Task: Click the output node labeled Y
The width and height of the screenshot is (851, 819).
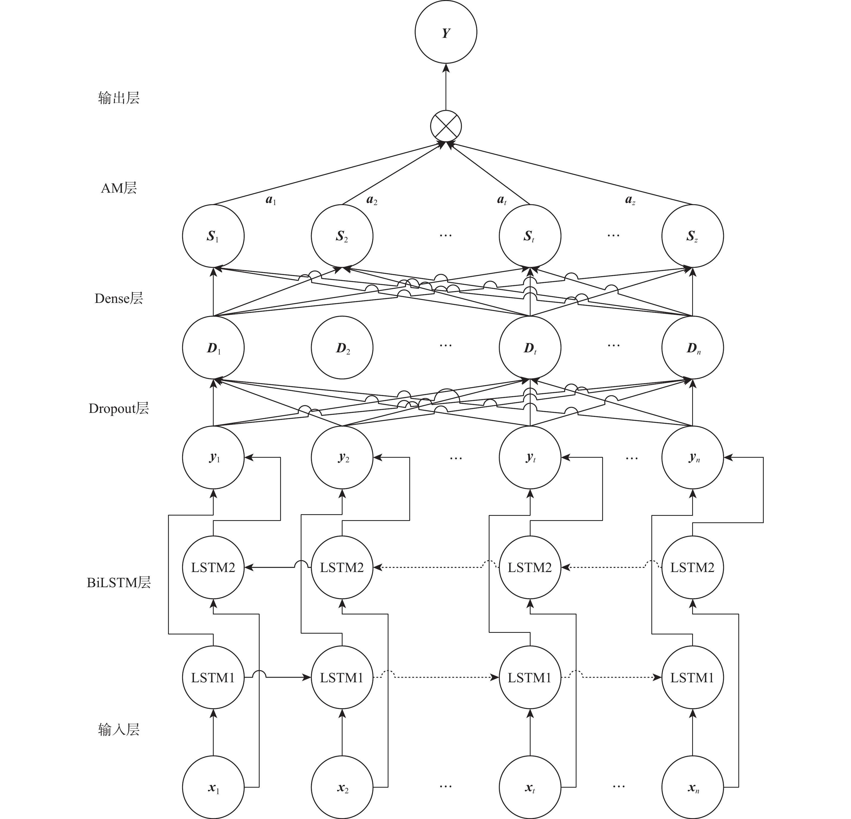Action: click(x=446, y=32)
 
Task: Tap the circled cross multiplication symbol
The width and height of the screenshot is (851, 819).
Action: click(x=446, y=126)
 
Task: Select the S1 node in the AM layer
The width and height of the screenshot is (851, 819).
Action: click(x=213, y=236)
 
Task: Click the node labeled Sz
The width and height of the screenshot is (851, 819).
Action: click(x=692, y=236)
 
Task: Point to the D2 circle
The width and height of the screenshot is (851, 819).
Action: click(x=342, y=347)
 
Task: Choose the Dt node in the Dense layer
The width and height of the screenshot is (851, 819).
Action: click(x=530, y=347)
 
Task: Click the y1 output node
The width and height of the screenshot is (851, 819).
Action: click(x=213, y=457)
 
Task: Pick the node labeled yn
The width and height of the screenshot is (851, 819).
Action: click(x=692, y=457)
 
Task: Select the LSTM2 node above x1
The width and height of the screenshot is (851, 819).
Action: click(x=213, y=567)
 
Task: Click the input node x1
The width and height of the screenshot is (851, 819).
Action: click(x=213, y=787)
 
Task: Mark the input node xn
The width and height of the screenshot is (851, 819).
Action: click(x=692, y=787)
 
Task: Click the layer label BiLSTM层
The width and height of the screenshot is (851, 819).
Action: click(x=119, y=582)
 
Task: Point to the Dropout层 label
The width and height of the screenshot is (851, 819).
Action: click(x=119, y=408)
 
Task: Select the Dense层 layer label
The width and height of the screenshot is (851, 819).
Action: click(x=119, y=298)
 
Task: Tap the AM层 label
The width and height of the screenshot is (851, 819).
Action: click(x=119, y=188)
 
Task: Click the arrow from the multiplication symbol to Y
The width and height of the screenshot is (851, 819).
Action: click(x=446, y=87)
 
